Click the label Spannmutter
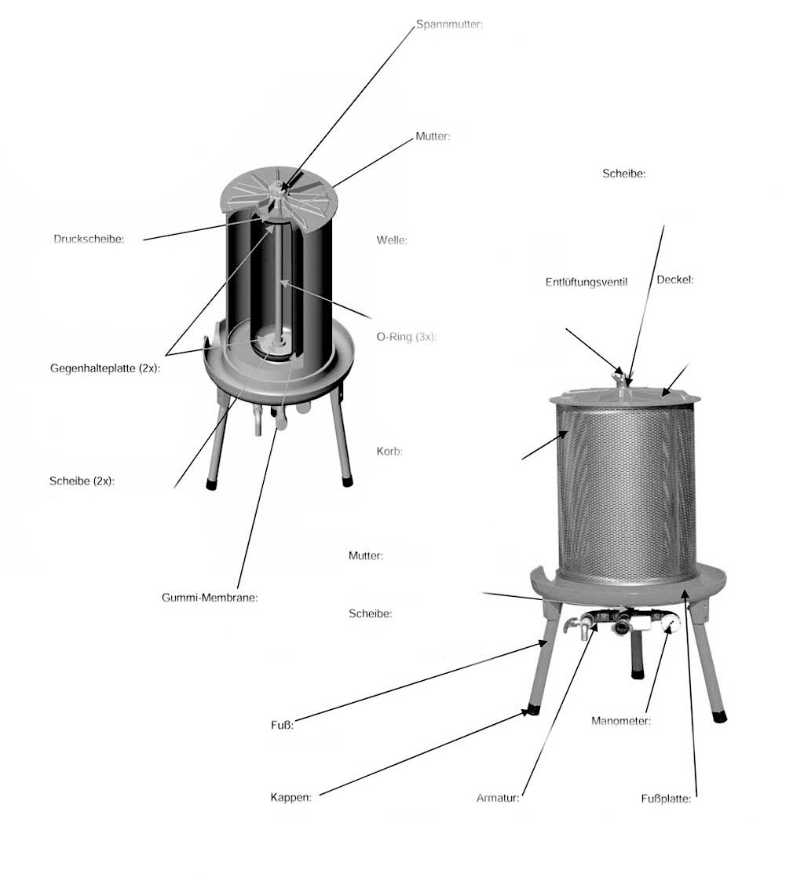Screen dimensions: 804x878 pyautogui.click(x=449, y=24)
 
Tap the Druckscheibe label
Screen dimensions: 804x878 pyautogui.click(x=89, y=239)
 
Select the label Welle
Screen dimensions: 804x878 pyautogui.click(x=392, y=240)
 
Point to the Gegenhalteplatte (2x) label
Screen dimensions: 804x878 pyautogui.click(x=105, y=368)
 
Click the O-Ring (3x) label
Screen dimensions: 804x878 pyautogui.click(x=407, y=337)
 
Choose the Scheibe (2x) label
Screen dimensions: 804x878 pyautogui.click(x=82, y=481)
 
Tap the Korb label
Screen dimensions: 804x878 pyautogui.click(x=389, y=452)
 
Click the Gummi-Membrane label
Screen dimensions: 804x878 pyautogui.click(x=210, y=598)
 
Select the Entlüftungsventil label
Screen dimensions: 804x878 pyautogui.click(x=587, y=282)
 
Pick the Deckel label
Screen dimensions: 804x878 pyautogui.click(x=675, y=280)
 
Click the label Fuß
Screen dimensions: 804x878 pyautogui.click(x=282, y=725)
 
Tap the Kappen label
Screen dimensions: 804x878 pyautogui.click(x=291, y=797)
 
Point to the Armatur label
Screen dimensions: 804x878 pyautogui.click(x=498, y=798)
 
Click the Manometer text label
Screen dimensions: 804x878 pyautogui.click(x=621, y=721)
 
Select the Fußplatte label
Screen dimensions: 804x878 pyautogui.click(x=666, y=799)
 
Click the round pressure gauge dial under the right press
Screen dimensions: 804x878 pyautogui.click(x=670, y=623)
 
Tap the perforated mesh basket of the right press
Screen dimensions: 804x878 pyautogui.click(x=627, y=492)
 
